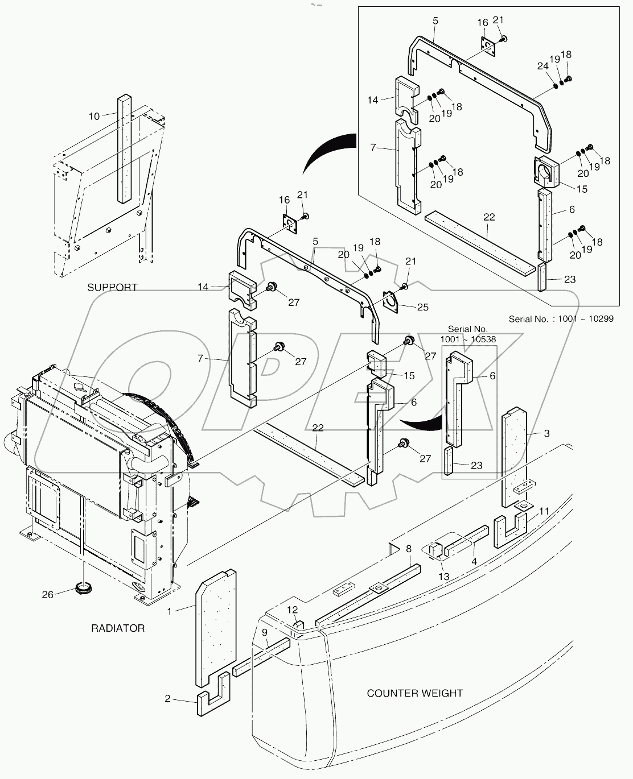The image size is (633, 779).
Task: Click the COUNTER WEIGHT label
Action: click(x=414, y=693)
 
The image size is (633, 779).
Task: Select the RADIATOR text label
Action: click(x=118, y=628)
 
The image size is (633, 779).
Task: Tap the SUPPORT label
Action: click(x=112, y=287)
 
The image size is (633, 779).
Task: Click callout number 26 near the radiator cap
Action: click(x=48, y=595)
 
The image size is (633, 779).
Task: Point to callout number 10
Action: click(x=94, y=116)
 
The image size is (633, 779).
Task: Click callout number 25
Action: click(x=422, y=308)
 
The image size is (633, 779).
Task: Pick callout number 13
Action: click(x=443, y=577)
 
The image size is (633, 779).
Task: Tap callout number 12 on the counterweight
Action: click(x=292, y=610)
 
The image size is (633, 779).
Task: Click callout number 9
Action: click(x=265, y=632)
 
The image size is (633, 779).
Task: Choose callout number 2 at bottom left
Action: click(x=167, y=698)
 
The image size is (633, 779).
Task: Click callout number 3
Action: click(x=546, y=434)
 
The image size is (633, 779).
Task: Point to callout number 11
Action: click(x=544, y=511)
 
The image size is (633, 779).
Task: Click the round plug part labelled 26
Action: click(x=83, y=587)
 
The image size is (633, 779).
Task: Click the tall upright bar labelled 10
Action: click(x=125, y=149)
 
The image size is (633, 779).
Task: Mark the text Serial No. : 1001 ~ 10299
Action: click(x=561, y=319)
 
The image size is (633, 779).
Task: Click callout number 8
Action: click(x=409, y=549)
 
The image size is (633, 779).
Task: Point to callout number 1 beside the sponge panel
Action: click(x=169, y=611)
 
